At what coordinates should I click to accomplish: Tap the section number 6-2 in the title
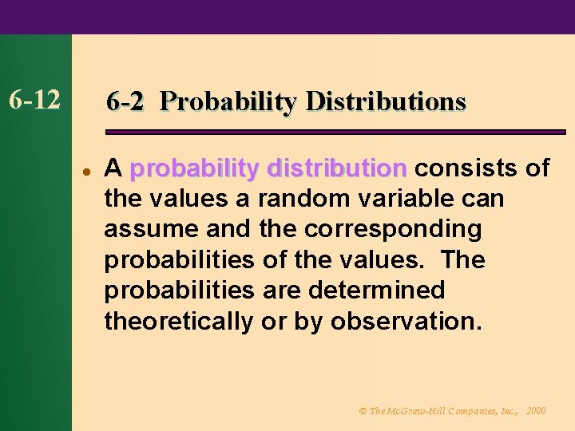125,101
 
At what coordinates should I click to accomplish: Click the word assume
151,229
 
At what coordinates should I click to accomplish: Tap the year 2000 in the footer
536,410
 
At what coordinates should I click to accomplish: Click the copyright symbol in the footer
362,410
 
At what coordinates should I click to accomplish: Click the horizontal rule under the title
335,132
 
